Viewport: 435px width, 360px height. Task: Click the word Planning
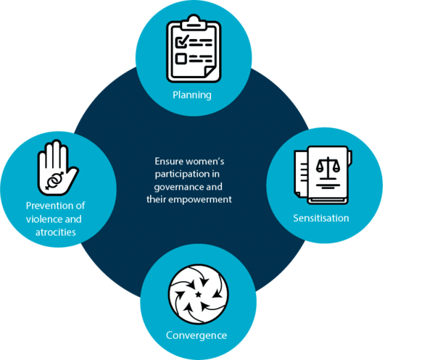pyautogui.click(x=191, y=95)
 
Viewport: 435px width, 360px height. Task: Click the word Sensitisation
pyautogui.click(x=321, y=217)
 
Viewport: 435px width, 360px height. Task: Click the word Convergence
pyautogui.click(x=196, y=335)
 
